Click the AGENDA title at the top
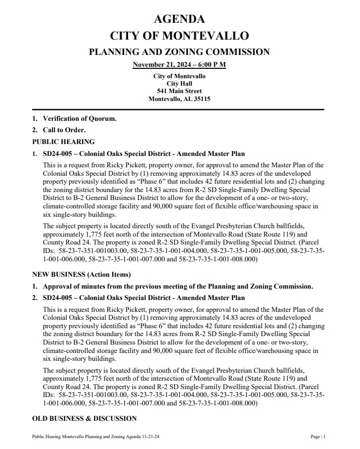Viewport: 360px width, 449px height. (x=179, y=19)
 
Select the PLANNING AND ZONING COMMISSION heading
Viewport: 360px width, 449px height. (x=179, y=52)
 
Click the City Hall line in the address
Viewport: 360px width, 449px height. (x=179, y=84)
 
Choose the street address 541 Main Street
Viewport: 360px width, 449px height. (x=179, y=91)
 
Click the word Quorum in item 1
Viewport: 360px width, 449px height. (x=103, y=119)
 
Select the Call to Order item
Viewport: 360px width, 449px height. (x=64, y=130)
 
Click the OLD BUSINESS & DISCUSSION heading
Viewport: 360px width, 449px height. (x=84, y=418)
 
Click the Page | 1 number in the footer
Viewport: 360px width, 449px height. (x=318, y=437)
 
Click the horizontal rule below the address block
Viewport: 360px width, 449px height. (x=178, y=109)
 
